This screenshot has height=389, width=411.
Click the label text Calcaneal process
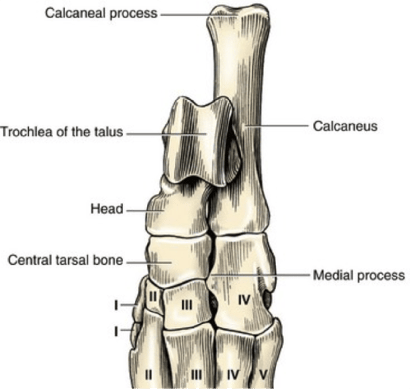click(101, 13)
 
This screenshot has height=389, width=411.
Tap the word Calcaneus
click(345, 126)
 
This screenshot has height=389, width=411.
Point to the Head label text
click(107, 209)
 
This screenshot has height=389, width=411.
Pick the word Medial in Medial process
click(332, 276)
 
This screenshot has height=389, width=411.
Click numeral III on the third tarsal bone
click(187, 305)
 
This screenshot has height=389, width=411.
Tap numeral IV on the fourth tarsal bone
click(244, 301)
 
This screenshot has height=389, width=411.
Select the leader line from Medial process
click(259, 275)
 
